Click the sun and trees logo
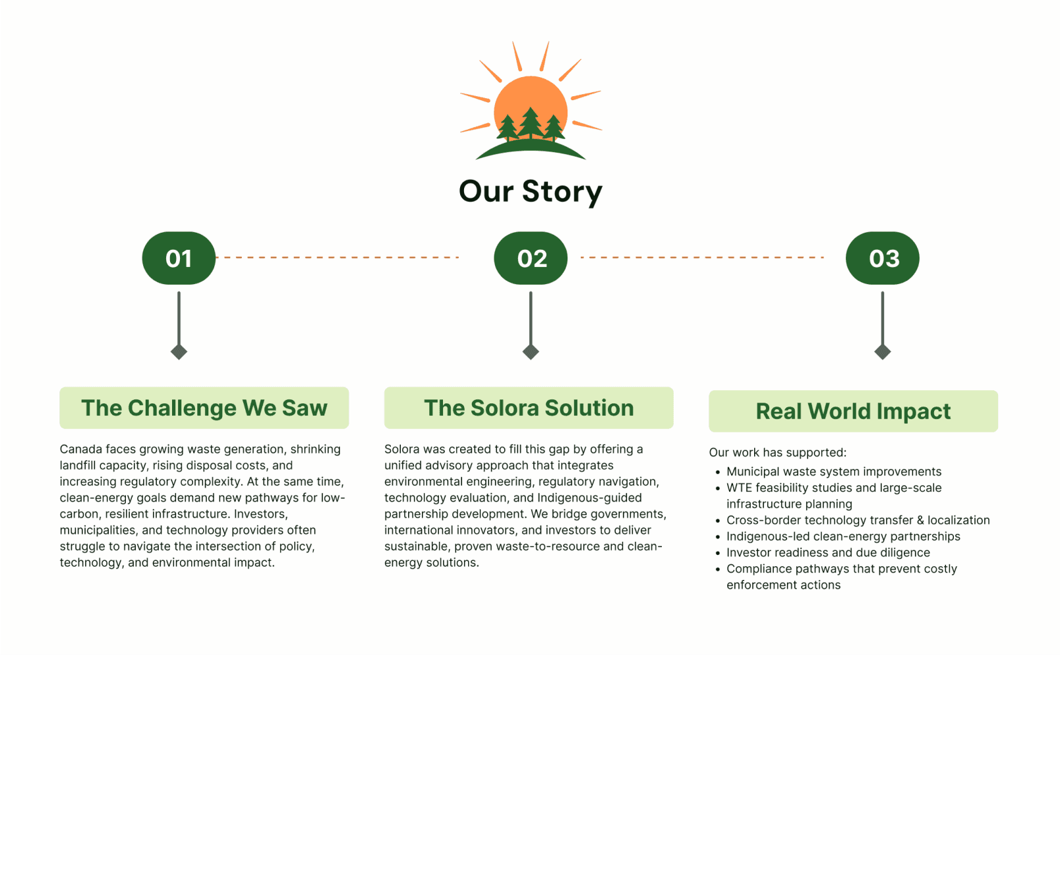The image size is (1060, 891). tap(531, 102)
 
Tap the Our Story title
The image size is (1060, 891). tap(531, 191)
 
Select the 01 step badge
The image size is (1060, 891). tap(179, 258)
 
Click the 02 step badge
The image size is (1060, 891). tap(531, 258)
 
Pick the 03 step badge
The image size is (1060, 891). tap(882, 258)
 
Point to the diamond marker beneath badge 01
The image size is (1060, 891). tap(179, 352)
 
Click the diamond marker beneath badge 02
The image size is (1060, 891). tap(531, 352)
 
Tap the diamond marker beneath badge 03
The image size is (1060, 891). tap(882, 352)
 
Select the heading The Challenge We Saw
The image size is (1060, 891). tap(204, 408)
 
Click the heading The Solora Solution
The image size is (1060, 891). tap(529, 408)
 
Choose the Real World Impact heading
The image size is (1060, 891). tap(853, 411)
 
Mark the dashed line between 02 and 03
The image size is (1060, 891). tap(702, 257)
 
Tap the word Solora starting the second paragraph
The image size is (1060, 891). tap(401, 449)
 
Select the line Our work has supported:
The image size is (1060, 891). tap(777, 453)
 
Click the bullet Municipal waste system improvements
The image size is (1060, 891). tap(833, 472)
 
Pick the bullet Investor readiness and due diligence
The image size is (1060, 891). tap(828, 553)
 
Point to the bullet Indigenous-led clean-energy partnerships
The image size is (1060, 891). tap(843, 536)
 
